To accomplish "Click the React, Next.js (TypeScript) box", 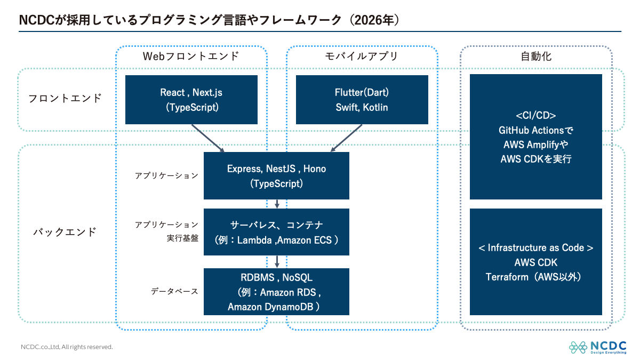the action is pos(191,100).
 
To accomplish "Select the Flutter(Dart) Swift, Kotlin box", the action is pos(362,100).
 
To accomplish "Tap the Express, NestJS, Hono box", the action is pos(276,175).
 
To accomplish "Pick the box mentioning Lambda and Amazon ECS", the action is pos(276,232).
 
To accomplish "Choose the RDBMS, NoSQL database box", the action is pos(276,292).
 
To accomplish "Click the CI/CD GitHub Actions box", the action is pos(535,137).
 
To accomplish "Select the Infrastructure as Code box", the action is pos(535,262).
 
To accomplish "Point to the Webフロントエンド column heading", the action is pos(191,57).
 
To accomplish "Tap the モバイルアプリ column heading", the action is pos(362,57).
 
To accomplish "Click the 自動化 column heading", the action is pos(536,57).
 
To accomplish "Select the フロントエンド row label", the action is pos(65,98).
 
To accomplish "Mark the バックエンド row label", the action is pos(65,231).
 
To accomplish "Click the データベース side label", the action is pos(174,291).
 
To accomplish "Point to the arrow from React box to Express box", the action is pos(207,138).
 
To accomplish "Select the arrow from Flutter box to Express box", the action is pos(346,138).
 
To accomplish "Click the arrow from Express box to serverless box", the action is pos(277,204).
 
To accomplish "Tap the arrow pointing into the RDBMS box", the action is pos(277,262).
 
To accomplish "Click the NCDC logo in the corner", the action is pos(597,347).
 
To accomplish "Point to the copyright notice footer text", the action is pos(67,347).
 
